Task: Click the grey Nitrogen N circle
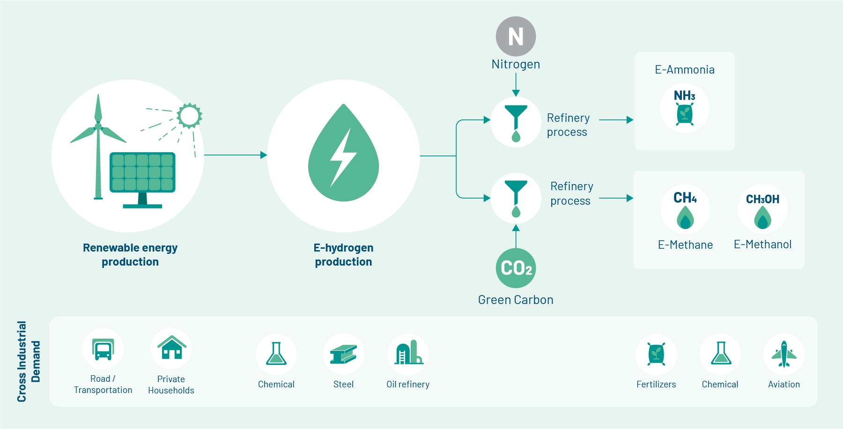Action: (x=516, y=37)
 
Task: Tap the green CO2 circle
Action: (x=516, y=268)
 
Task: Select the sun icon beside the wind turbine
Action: (x=189, y=115)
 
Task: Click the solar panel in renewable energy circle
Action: (x=142, y=172)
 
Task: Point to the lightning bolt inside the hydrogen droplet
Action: (x=343, y=157)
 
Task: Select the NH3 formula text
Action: (x=684, y=96)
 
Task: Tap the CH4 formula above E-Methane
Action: (x=685, y=198)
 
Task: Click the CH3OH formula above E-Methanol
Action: (x=762, y=200)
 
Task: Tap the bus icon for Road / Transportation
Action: (x=103, y=349)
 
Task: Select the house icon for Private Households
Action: (x=171, y=348)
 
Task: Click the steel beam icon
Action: (x=343, y=355)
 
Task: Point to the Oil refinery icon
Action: (x=408, y=354)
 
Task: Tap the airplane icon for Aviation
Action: (x=784, y=354)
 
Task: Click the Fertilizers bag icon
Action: (x=656, y=354)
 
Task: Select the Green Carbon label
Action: (x=516, y=300)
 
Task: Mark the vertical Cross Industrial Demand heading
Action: (x=29, y=361)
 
